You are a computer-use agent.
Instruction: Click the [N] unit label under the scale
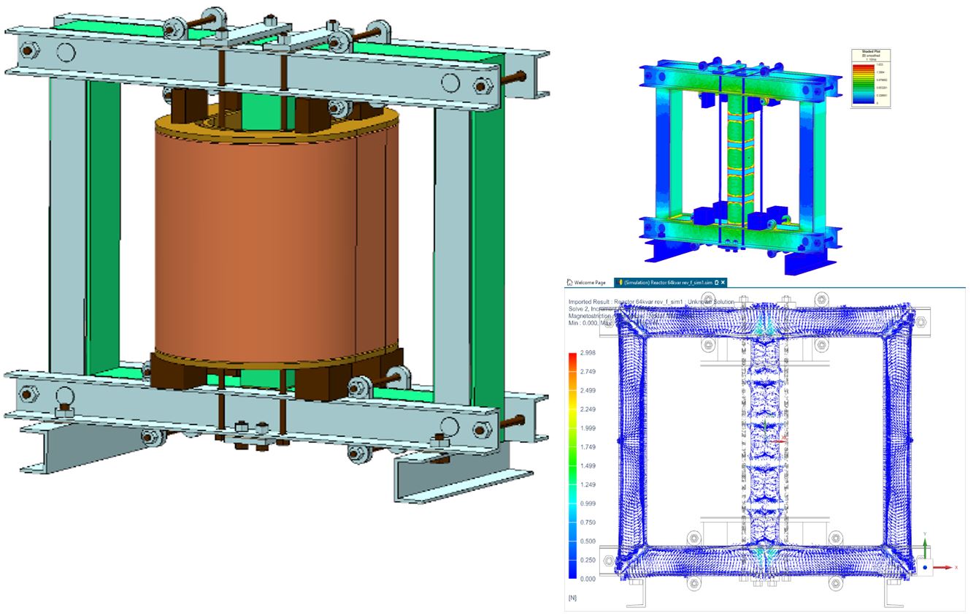tap(572, 598)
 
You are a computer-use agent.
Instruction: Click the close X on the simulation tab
tap(723, 282)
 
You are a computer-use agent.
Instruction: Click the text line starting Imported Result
tap(650, 301)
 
